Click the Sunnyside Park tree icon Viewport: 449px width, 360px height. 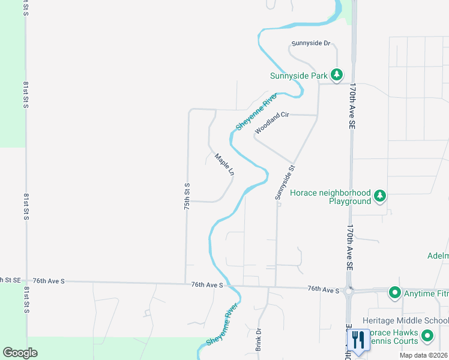pyautogui.click(x=337, y=75)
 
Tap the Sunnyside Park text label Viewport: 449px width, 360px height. pyautogui.click(x=299, y=76)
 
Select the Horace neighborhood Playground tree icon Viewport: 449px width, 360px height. pyautogui.click(x=379, y=196)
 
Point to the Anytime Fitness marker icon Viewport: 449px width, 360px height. pyautogui.click(x=395, y=293)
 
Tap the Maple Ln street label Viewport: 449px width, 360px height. pyautogui.click(x=224, y=164)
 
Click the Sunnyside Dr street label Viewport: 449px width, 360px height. pyautogui.click(x=311, y=44)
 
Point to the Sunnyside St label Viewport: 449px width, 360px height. pyautogui.click(x=286, y=182)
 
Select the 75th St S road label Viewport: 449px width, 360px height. pyautogui.click(x=187, y=196)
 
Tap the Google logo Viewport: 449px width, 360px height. pyautogui.click(x=20, y=353)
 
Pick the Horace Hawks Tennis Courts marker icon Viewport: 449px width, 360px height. pyautogui.click(x=427, y=335)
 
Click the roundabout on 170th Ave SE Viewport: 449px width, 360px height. pyautogui.click(x=349, y=292)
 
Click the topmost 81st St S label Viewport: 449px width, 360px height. pyautogui.click(x=26, y=7)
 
